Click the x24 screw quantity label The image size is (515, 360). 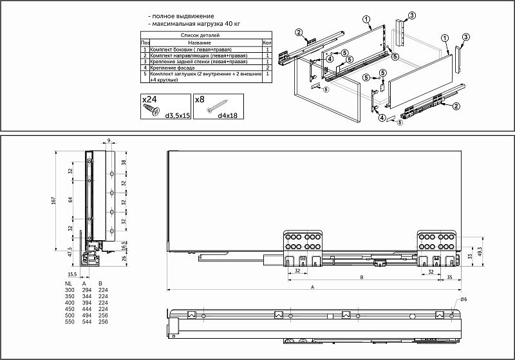tap(149, 100)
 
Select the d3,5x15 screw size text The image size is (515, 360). tap(176, 116)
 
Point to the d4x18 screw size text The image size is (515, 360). tap(226, 116)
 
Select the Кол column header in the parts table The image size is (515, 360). tap(267, 43)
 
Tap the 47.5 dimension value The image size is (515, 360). tap(70, 252)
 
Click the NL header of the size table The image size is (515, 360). tap(69, 283)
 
